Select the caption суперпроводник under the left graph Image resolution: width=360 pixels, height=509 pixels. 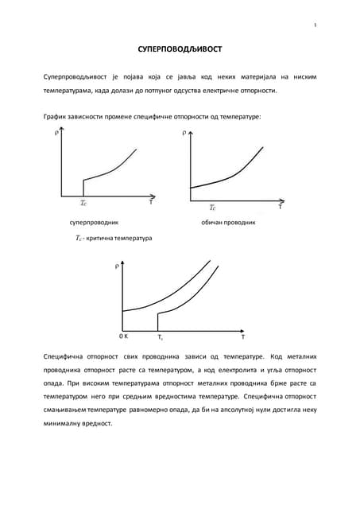pyautogui.click(x=94, y=222)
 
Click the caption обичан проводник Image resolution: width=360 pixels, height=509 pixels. pyautogui.click(x=228, y=222)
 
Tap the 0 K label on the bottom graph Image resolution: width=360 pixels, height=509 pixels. pyautogui.click(x=124, y=336)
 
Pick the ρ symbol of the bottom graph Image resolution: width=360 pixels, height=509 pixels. pyautogui.click(x=118, y=266)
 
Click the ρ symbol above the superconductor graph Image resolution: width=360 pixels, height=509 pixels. pyautogui.click(x=56, y=133)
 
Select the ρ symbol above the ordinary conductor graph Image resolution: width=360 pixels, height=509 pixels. pyautogui.click(x=184, y=134)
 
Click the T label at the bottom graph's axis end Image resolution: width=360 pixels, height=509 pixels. pyautogui.click(x=242, y=337)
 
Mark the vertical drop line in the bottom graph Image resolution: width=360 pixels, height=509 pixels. pyautogui.click(x=159, y=321)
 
